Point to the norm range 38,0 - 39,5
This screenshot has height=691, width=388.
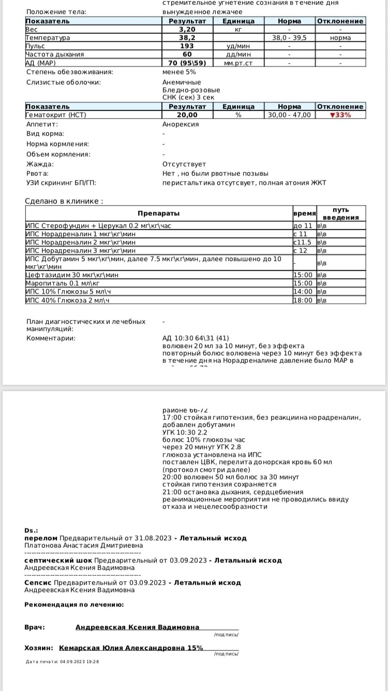(x=289, y=38)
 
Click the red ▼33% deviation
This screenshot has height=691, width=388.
(x=340, y=115)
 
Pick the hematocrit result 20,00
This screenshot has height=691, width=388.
(x=187, y=115)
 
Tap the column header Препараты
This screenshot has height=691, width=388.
(x=158, y=213)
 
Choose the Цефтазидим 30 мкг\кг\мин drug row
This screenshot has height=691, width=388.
(x=72, y=275)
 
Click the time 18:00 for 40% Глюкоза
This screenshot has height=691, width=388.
(x=303, y=300)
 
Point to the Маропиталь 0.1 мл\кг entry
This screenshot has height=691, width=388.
(x=63, y=283)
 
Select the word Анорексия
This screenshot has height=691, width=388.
(x=181, y=124)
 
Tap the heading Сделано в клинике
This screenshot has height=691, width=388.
(x=64, y=201)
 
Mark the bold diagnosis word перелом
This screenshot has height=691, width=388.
(x=41, y=538)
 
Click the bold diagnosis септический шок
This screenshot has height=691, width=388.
(x=58, y=560)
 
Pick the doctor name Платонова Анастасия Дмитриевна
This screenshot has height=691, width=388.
(x=83, y=545)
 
